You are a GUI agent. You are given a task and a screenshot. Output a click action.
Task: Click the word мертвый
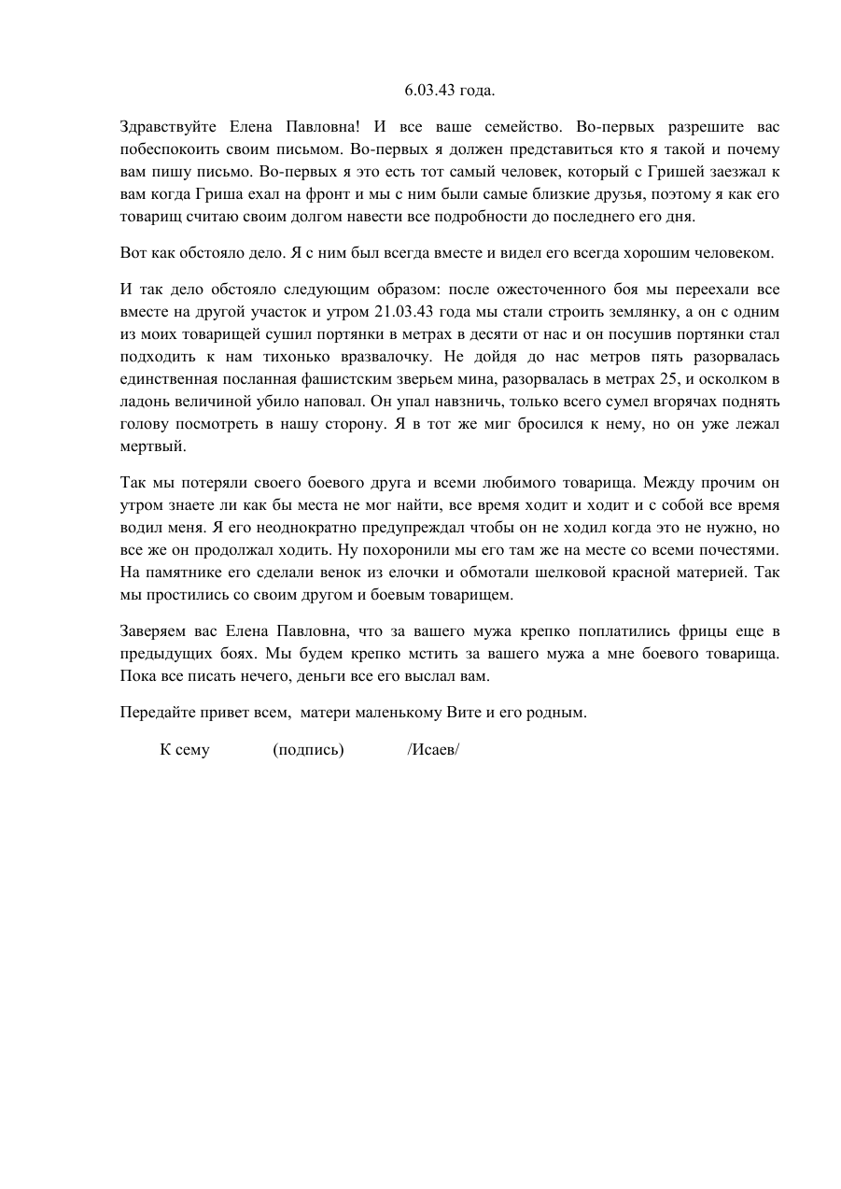[153, 446]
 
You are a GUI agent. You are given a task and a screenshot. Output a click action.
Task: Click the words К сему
[185, 750]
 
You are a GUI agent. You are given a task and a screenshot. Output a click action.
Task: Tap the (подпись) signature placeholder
[308, 750]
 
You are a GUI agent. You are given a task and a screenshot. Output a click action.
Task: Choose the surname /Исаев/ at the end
[433, 750]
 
